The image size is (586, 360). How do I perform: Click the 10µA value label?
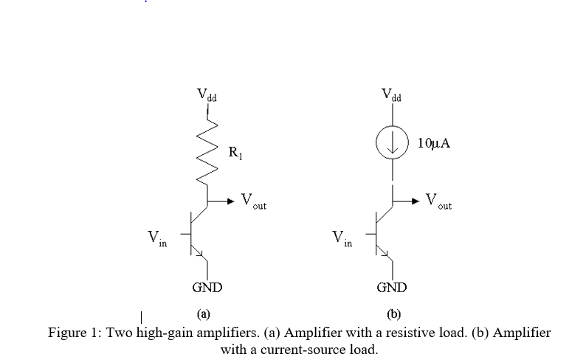[433, 143]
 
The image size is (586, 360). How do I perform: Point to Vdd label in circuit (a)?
[207, 95]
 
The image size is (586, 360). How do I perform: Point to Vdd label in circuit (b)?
[392, 95]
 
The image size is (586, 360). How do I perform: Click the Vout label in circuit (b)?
[439, 201]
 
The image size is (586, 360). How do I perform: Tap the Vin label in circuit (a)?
[156, 238]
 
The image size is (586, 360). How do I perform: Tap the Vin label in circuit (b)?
[342, 238]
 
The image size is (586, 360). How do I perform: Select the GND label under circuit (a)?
[207, 287]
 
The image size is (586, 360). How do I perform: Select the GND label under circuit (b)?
[391, 287]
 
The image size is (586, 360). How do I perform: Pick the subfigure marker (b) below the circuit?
[393, 314]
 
